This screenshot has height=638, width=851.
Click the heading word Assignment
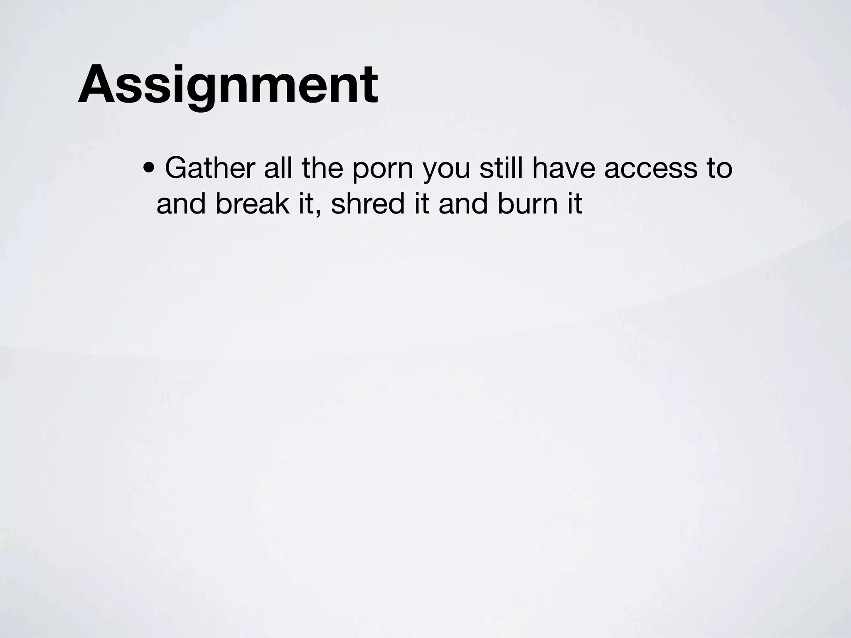228,85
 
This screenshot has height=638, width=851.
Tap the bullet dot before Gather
148,169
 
